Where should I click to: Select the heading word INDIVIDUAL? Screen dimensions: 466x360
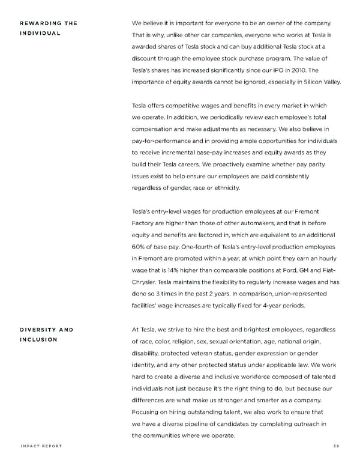(x=40, y=33)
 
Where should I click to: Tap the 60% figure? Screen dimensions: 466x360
(x=139, y=246)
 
